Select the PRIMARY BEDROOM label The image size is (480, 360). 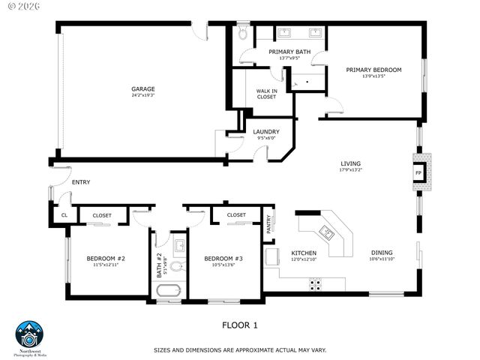pos(373,70)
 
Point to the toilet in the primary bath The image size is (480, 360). pos(243,34)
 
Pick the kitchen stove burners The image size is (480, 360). pos(316,284)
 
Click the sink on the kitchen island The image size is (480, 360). pos(327,229)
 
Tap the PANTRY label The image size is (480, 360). pos(271,223)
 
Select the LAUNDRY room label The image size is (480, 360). pos(265,132)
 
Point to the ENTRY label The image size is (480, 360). pos(80,182)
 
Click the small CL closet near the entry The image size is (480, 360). pos(64,215)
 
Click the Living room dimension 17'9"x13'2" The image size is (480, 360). pos(350,170)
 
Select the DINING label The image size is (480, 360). pos(382,253)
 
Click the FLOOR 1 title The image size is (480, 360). pos(240,325)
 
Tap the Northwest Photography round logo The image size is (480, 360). pos(30,334)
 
